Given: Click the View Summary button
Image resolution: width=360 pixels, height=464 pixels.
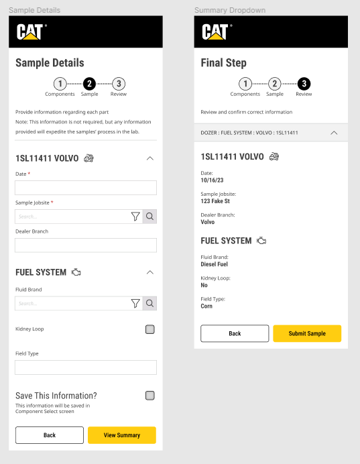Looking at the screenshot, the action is point(122,435).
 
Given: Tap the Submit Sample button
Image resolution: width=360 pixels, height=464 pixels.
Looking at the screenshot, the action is point(307,333).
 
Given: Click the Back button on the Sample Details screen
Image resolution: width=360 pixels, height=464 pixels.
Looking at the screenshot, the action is point(50,435).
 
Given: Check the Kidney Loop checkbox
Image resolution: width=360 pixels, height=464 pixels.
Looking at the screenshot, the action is point(150,329).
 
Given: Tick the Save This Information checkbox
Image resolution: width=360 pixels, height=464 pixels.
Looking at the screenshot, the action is point(150,396).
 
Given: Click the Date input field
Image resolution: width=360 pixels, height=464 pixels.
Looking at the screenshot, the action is point(86,188).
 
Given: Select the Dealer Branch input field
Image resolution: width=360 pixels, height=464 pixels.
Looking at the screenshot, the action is point(86,245).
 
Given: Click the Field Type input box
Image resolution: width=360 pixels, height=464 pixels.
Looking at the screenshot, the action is point(86,367).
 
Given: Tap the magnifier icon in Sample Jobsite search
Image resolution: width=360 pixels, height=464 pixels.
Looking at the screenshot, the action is point(149,217).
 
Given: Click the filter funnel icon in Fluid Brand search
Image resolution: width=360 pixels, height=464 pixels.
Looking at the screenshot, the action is point(135,303).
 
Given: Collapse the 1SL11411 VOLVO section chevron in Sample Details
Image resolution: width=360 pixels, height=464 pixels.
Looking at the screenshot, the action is point(150,158).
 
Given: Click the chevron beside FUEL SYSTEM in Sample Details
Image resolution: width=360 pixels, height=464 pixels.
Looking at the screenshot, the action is point(150,272).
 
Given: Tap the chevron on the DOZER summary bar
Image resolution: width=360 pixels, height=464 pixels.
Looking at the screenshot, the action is point(334,133).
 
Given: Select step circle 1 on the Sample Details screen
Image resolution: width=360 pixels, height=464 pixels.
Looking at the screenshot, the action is point(60,84).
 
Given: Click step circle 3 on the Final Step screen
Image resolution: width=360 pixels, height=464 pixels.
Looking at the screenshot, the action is point(304,84).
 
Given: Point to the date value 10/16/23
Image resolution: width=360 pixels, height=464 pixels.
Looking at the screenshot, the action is point(212,180).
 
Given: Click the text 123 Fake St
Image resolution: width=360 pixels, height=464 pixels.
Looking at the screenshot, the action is point(215,201).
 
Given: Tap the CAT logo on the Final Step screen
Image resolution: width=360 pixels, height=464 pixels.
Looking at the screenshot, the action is point(216,32).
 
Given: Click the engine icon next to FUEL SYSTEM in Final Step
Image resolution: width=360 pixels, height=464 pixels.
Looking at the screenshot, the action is point(261,241).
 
